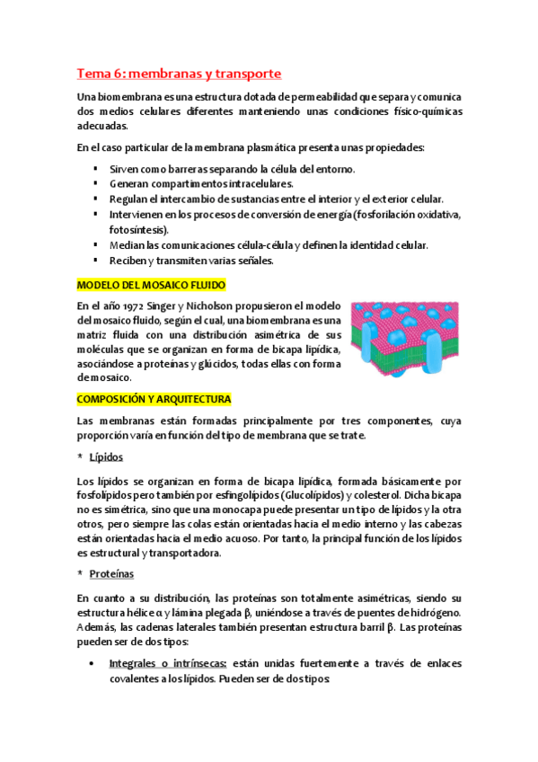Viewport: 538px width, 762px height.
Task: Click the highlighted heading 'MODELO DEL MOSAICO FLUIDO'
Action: (x=151, y=285)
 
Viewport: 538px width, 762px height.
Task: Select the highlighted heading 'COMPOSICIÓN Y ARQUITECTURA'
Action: (x=154, y=398)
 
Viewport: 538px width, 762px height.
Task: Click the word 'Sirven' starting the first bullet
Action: (x=124, y=168)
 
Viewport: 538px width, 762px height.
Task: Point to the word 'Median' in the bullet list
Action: (x=127, y=244)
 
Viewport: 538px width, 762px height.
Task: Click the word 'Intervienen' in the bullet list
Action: (x=137, y=214)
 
